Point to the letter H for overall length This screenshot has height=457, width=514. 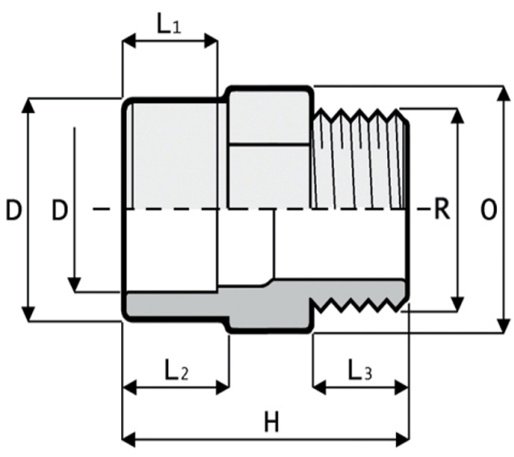click(x=272, y=422)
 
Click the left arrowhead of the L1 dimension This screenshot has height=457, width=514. click(x=127, y=40)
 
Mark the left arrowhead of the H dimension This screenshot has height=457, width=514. click(x=127, y=440)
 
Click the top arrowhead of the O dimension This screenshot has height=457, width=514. click(x=499, y=90)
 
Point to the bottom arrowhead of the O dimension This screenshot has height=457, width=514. click(x=499, y=327)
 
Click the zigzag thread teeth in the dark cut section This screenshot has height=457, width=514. click(x=364, y=304)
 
